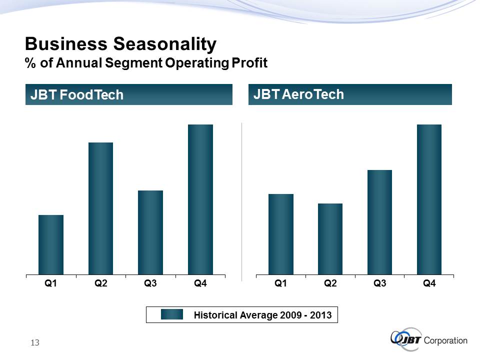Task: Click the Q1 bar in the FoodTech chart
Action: click(x=51, y=244)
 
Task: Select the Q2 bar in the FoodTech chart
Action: click(x=100, y=208)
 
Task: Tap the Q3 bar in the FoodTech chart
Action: click(x=150, y=232)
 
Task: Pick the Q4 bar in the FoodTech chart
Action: click(x=200, y=199)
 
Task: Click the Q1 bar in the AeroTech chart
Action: click(x=281, y=234)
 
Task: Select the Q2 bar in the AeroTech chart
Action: click(x=330, y=239)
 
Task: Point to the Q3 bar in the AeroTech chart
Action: click(x=379, y=222)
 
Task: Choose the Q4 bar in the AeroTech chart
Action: click(x=429, y=199)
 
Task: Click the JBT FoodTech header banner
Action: click(x=129, y=94)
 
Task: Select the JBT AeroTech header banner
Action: click(x=350, y=94)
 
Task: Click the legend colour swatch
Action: click(x=173, y=315)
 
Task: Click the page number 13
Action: click(x=34, y=342)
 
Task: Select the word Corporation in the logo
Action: click(x=445, y=340)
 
